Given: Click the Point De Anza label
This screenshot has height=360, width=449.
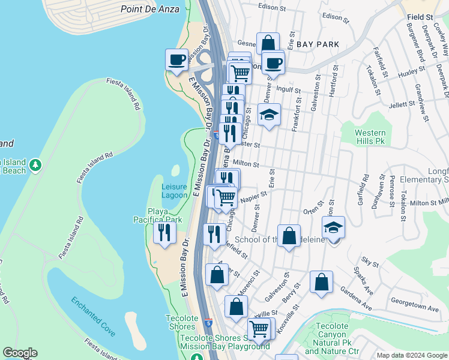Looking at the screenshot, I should click(149, 9).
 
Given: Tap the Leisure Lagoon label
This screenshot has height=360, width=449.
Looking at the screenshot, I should click(174, 191).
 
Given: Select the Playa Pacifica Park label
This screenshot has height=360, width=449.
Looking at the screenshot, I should click(157, 216).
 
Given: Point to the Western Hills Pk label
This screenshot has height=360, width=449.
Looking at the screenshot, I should click(369, 136).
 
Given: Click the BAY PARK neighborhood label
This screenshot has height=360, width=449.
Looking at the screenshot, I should click(318, 44).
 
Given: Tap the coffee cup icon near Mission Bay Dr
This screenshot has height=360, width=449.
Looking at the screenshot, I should click(176, 60).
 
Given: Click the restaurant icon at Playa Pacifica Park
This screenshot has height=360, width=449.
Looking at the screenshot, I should click(163, 232).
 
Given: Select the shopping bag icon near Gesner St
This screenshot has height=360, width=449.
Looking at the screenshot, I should click(268, 43).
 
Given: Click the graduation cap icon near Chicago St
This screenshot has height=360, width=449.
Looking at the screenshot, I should click(270, 114).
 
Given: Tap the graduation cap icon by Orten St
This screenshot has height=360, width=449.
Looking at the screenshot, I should click(333, 228).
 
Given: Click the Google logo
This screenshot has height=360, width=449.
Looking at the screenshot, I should click(20, 353).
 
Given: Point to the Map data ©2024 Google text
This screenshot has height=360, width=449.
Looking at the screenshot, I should click(411, 355).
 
